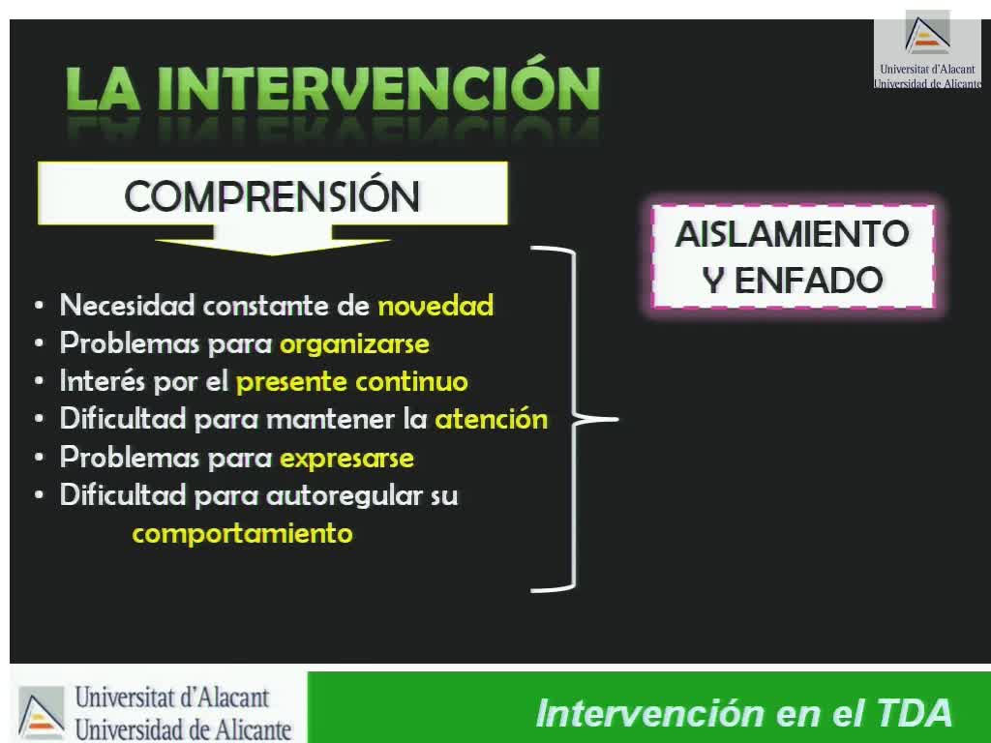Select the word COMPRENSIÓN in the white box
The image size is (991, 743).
272,195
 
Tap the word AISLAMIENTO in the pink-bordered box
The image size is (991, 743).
792,234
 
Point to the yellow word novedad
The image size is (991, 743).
435,306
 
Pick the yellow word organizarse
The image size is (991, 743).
354,344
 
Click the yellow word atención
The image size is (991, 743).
491,420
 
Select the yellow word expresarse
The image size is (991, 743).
347,458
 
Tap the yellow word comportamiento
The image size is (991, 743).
242,534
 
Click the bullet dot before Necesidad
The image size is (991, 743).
39,307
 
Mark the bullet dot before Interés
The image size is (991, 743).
39,382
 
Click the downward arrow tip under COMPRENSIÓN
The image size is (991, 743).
272,255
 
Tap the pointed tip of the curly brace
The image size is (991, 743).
617,418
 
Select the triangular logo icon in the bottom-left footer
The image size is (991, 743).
41,713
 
